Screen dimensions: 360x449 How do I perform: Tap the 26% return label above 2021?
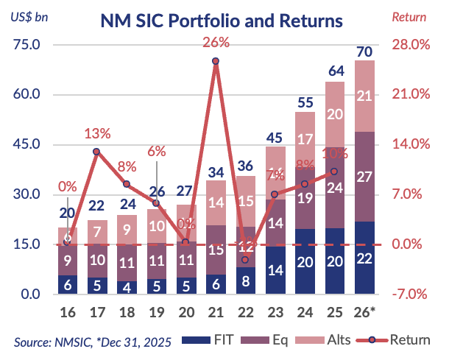[216, 43]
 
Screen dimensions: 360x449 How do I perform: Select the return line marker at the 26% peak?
[216, 61]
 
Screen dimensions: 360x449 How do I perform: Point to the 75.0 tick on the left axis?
[26, 45]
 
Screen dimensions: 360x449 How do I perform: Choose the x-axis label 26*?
[366, 312]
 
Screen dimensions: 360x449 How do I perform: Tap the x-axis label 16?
[67, 312]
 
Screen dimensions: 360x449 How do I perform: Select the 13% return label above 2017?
[97, 134]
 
